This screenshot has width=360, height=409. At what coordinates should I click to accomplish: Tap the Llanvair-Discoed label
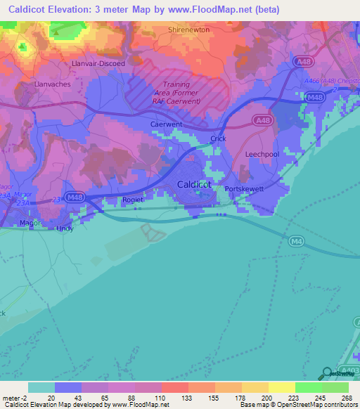click(98, 63)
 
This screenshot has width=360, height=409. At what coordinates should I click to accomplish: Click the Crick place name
click(218, 139)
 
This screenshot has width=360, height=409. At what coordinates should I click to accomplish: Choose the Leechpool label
click(262, 153)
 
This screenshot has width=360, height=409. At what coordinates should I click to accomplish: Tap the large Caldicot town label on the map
click(193, 184)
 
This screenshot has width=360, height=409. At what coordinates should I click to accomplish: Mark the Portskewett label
click(243, 189)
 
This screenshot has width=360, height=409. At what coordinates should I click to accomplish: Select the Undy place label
click(65, 228)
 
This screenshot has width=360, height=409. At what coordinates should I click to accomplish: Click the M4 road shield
click(296, 241)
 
